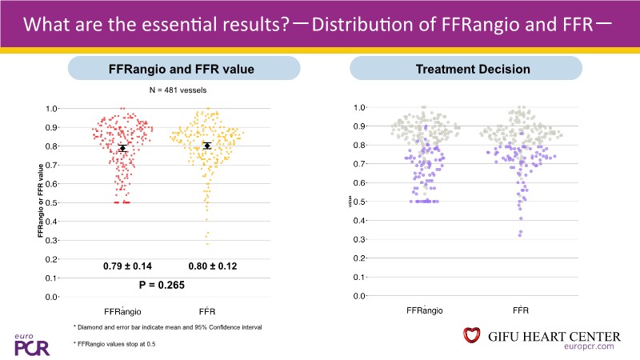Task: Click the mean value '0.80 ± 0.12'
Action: click(212, 266)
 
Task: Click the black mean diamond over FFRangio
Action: click(122, 148)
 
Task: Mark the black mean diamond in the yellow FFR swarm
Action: click(207, 146)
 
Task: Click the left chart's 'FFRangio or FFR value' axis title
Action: click(40, 200)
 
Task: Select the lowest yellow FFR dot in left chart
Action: click(208, 243)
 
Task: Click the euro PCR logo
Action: click(26, 343)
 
